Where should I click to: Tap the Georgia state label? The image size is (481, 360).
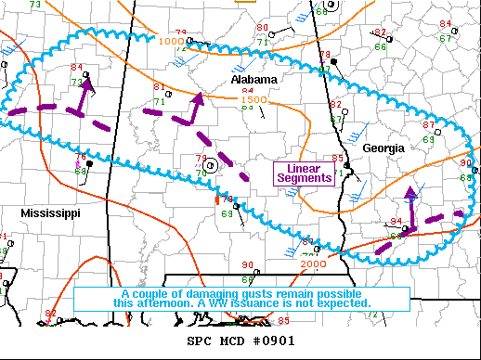pos(383,148)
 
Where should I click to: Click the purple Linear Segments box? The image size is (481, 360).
pos(304,172)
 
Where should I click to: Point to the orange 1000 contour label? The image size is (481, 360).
pos(171,41)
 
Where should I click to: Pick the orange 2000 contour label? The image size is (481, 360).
pos(313,264)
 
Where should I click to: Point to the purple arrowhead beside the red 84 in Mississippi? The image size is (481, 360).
pos(87,83)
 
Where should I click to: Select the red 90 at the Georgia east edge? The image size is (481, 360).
pos(465,162)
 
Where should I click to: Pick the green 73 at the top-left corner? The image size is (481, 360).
pos(35,5)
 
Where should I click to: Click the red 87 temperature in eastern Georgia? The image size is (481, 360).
pos(428,124)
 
